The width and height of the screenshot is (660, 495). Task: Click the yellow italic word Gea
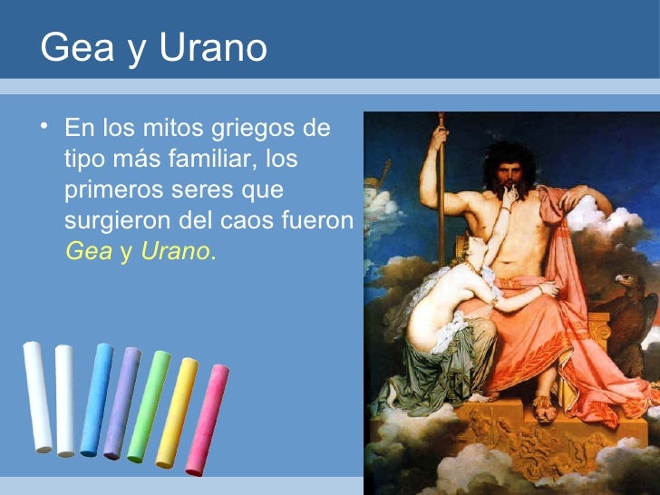88,254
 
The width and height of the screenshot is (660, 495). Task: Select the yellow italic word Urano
174,254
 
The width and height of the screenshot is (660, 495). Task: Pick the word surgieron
119,223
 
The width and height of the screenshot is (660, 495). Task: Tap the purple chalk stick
122,404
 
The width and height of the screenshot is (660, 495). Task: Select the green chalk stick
148,407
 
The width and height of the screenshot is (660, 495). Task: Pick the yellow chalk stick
177,412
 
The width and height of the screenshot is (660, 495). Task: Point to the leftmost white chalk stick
37,397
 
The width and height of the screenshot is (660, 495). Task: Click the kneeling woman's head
479,247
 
